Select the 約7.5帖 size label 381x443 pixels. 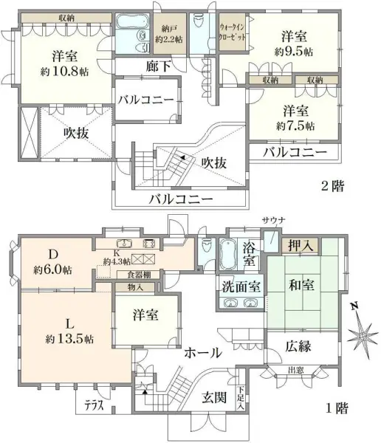[294, 126]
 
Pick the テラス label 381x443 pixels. [92, 406]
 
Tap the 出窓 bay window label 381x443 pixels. [297, 371]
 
